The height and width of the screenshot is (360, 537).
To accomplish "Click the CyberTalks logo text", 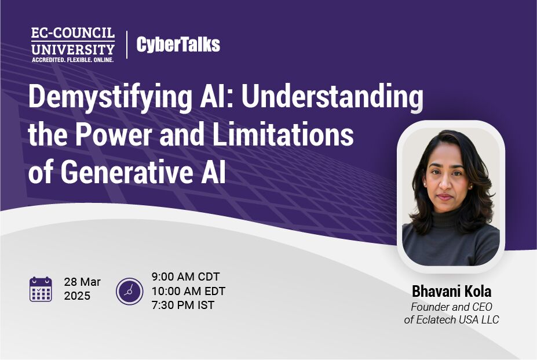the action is point(178,45).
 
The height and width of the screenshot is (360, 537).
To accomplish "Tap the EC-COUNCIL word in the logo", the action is point(73,33).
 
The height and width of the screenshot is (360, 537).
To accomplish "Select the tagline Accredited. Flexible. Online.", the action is point(72,60).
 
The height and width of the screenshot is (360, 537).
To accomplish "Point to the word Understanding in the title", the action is point(332,97).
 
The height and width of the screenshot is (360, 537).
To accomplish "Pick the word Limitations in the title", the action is point(283,134).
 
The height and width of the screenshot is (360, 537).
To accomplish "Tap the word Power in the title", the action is point(114,134).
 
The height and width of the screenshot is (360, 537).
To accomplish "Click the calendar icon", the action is point(41,289).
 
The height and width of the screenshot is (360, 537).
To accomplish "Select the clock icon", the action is point(129,292).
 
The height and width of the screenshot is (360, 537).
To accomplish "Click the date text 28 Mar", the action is point(82,282).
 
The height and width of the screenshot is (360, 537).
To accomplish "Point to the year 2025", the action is point(77,296).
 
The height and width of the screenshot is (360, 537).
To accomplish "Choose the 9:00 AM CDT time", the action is point(185,277).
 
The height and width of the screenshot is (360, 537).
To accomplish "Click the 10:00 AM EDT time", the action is point(188,291).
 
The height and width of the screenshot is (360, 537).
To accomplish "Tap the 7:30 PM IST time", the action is point(183,305).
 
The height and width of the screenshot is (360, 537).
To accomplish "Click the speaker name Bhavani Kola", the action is point(451,292).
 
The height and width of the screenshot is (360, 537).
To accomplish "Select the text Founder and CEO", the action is point(451,307).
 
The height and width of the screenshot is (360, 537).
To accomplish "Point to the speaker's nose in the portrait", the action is point(445,185).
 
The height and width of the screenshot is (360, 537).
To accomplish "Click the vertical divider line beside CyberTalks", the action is point(127,45).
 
